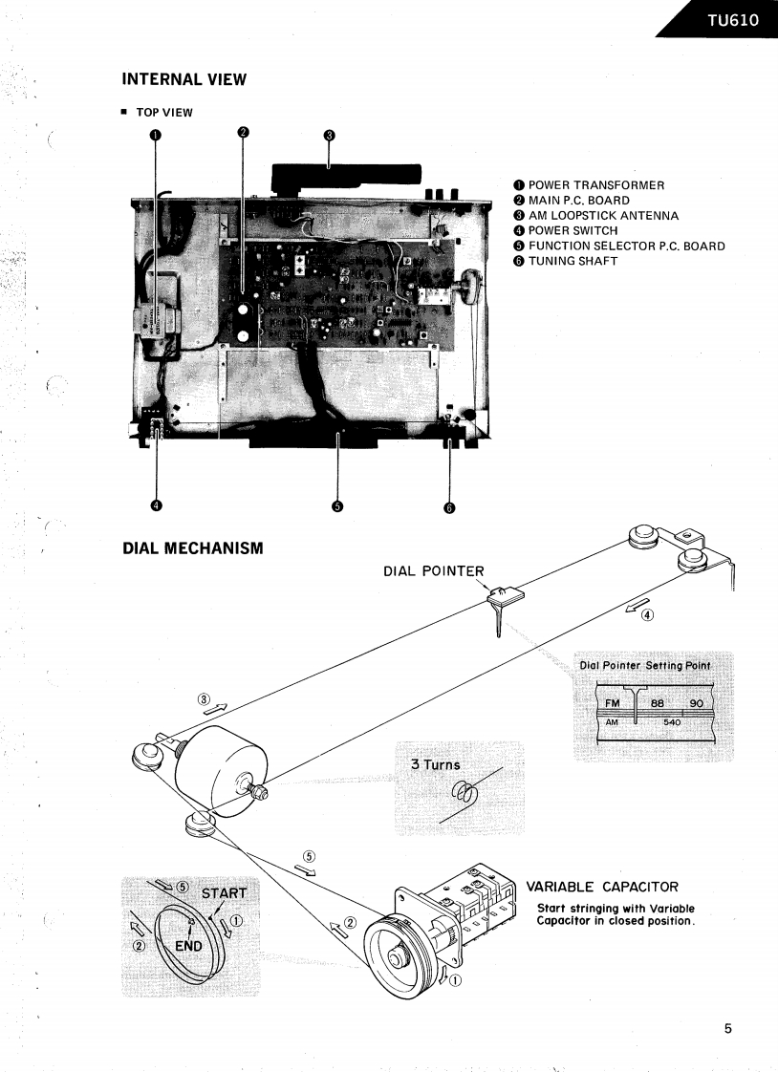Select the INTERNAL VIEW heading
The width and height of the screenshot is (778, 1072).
coord(184,79)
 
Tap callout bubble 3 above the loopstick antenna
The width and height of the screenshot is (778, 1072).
coord(329,135)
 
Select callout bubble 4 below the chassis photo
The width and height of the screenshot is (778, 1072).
coord(157,505)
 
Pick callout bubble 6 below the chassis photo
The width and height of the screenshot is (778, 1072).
coord(449,507)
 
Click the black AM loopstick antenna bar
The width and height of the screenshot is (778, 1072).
coord(346,176)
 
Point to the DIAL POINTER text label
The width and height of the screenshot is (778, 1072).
coord(433,571)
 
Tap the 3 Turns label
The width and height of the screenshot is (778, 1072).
coord(435,764)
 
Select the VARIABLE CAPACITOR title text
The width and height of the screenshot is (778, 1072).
coord(602,887)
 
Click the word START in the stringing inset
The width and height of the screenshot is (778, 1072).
coord(223,894)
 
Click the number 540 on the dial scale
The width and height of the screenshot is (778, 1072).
coord(672,722)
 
